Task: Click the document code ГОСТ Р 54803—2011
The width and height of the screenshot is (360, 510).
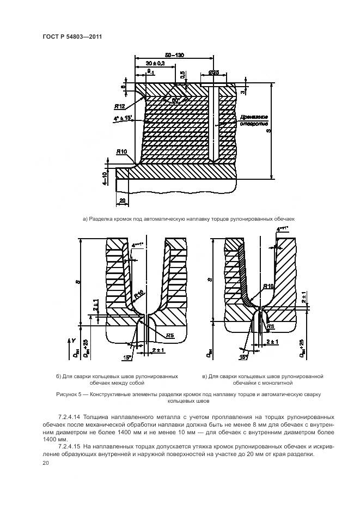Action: tap(72, 37)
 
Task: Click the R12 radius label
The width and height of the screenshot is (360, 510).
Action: tap(120, 106)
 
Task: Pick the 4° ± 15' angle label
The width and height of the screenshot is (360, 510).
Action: tap(121, 118)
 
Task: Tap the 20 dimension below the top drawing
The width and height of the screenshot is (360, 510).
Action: tap(123, 201)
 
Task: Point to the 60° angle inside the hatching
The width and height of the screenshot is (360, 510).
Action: tap(178, 100)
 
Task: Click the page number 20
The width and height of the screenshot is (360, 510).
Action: tap(45, 463)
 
